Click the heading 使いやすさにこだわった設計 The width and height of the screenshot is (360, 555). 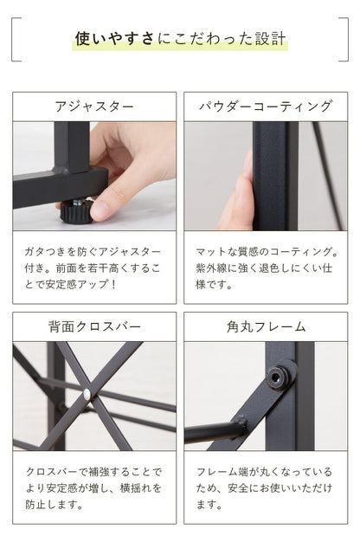point(180,39)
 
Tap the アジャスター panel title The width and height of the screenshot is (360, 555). point(93,107)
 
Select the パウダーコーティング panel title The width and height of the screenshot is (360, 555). point(266,107)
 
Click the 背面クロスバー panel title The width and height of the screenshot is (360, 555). point(93,327)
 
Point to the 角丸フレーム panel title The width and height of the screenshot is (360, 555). point(266,327)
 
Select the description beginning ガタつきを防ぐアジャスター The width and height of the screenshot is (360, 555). point(93,267)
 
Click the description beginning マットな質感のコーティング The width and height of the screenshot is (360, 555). point(266,267)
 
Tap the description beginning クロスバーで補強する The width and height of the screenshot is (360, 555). point(93,487)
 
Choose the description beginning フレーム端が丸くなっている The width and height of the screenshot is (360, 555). point(266,487)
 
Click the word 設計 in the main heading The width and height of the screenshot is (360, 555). point(273,39)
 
